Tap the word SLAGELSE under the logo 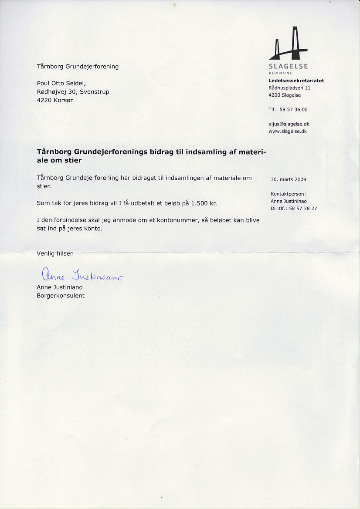289,66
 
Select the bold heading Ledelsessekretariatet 296,81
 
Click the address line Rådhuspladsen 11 289,88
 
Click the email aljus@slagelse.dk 289,124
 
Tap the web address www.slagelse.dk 288,131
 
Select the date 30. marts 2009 289,179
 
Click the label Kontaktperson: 288,194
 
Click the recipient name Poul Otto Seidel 61,83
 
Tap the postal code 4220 44,100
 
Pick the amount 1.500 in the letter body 200,203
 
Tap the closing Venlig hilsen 55,253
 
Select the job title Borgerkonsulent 61,296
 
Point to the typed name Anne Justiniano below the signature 60,287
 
